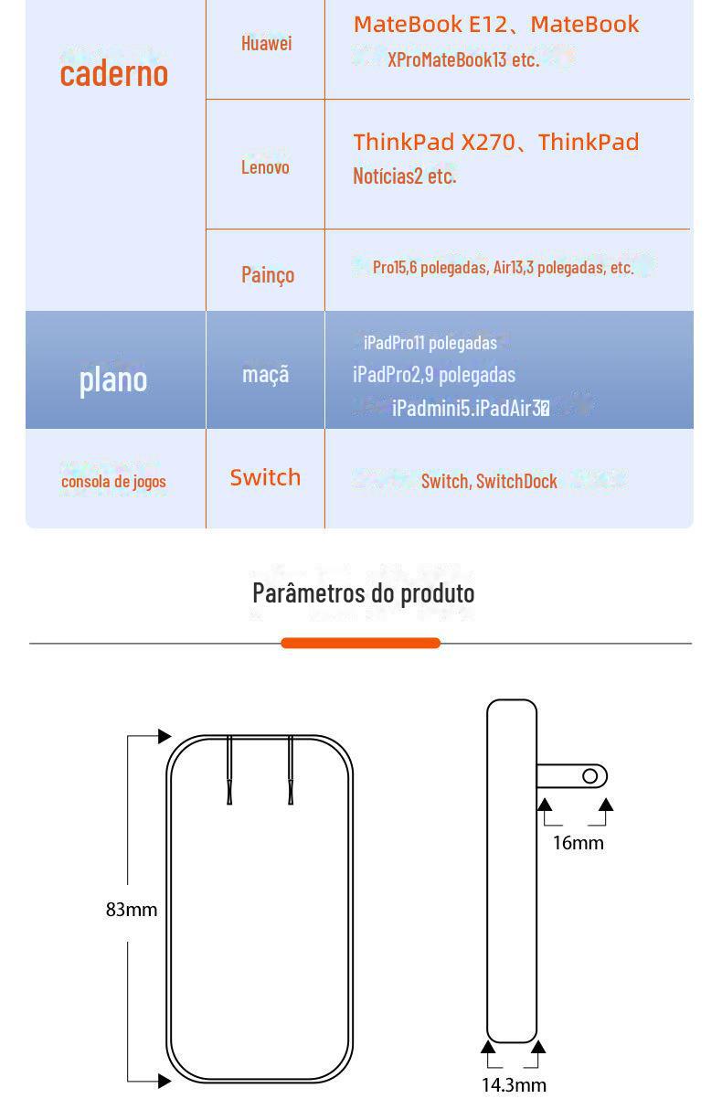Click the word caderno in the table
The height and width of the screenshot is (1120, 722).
(114, 72)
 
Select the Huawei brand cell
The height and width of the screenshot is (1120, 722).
(266, 43)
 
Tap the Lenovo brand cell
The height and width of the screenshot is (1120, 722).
(265, 166)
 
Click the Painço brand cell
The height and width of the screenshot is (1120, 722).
(267, 274)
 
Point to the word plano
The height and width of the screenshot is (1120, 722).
(113, 378)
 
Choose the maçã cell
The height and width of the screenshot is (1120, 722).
(265, 374)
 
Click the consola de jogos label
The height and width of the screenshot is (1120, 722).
(113, 482)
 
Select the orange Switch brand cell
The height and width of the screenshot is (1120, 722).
(265, 477)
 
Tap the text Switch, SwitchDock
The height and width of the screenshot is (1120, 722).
(489, 481)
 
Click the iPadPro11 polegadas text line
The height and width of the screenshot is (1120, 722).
(430, 343)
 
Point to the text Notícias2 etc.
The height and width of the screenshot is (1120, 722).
(404, 176)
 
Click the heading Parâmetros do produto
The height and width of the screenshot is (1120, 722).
(363, 592)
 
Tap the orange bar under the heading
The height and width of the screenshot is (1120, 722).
(361, 644)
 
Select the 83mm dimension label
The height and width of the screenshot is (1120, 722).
(132, 910)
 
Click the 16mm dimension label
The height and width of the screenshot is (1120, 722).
(578, 843)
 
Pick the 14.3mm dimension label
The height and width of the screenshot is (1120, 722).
(514, 1085)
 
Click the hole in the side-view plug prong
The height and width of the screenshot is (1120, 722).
(589, 777)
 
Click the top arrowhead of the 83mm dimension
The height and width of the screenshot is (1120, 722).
(165, 736)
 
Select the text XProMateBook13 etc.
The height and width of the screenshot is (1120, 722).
(463, 60)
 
